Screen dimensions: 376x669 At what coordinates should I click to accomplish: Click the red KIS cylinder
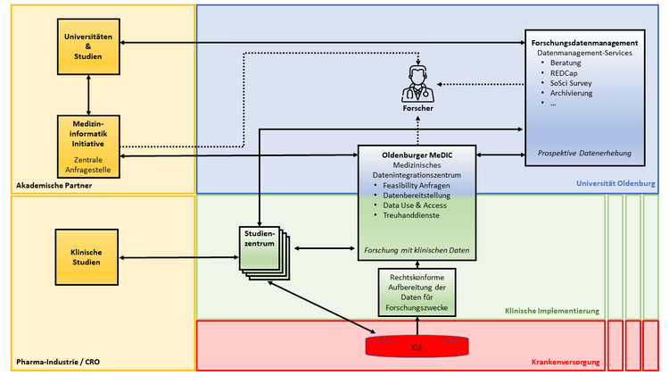pos(417,345)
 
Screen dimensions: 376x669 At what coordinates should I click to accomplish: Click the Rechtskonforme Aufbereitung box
pos(417,293)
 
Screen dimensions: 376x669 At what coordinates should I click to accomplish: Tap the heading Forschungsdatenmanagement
pos(583,43)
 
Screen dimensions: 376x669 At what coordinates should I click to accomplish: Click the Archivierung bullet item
pos(572,93)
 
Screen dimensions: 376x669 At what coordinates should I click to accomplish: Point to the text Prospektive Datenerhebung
pos(584,153)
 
